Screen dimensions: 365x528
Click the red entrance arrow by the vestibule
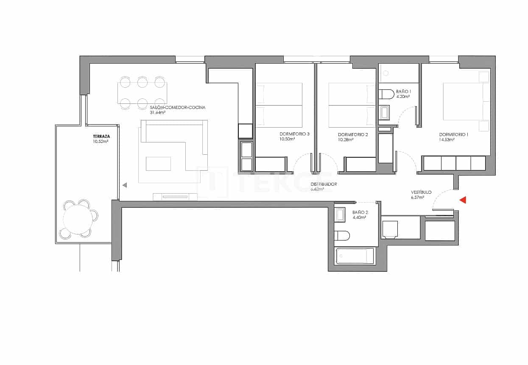463,200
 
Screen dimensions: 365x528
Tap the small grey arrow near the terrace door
125,185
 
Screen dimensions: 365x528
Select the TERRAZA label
101,137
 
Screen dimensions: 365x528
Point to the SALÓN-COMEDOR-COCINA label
177,108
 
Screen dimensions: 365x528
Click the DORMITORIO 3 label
294,134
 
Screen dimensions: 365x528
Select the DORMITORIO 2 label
353,134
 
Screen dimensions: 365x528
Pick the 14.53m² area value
447,139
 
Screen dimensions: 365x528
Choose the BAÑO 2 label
359,212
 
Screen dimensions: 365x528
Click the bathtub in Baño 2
355,256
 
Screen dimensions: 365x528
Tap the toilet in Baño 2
341,235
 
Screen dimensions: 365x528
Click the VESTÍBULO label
421,192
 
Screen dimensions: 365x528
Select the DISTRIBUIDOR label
324,184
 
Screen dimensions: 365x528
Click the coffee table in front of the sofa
158,163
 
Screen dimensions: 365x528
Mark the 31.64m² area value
157,113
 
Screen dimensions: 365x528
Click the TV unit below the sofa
175,196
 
